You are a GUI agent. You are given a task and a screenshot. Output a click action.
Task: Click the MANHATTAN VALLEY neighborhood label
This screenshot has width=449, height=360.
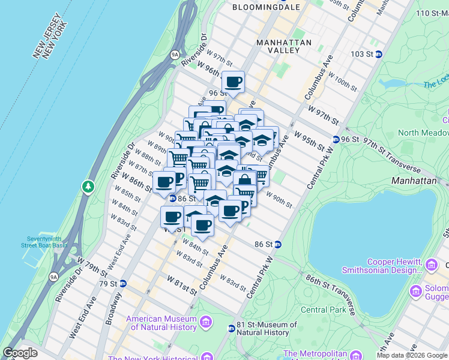(284, 47)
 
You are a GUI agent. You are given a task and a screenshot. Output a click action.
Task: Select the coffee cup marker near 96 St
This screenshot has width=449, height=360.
(233, 82)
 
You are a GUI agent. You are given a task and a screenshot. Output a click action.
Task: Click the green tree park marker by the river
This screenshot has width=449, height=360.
(89, 187)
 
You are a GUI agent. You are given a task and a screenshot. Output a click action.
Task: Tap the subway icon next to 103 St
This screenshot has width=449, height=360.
(379, 54)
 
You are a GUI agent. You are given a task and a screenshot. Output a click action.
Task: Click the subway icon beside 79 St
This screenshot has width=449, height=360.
(122, 283)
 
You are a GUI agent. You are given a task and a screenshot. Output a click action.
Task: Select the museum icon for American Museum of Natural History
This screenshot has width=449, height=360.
(206, 323)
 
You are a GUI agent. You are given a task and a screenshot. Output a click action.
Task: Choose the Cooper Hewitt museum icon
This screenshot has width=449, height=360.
(431, 265)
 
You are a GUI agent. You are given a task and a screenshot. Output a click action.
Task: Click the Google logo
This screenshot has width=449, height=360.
(20, 353)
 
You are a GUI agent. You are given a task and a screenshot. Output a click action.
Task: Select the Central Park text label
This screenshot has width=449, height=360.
(324, 310)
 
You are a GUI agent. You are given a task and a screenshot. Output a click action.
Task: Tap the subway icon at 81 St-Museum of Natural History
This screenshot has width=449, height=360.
(231, 328)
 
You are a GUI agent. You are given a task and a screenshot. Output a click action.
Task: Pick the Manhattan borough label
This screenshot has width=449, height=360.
(414, 180)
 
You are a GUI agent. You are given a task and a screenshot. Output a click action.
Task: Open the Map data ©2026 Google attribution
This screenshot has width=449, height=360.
(412, 355)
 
